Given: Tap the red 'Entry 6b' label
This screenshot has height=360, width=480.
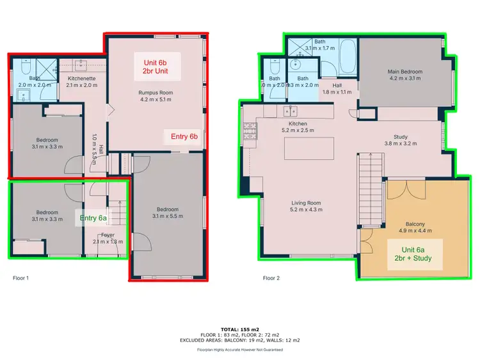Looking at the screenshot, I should pyautogui.click(x=184, y=136).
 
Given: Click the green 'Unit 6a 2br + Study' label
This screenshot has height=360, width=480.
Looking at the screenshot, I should pyautogui.click(x=413, y=254).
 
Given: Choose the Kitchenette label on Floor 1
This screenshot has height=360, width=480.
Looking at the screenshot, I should pyautogui.click(x=82, y=81).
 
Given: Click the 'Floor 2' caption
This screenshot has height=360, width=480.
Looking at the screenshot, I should pyautogui.click(x=272, y=278).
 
